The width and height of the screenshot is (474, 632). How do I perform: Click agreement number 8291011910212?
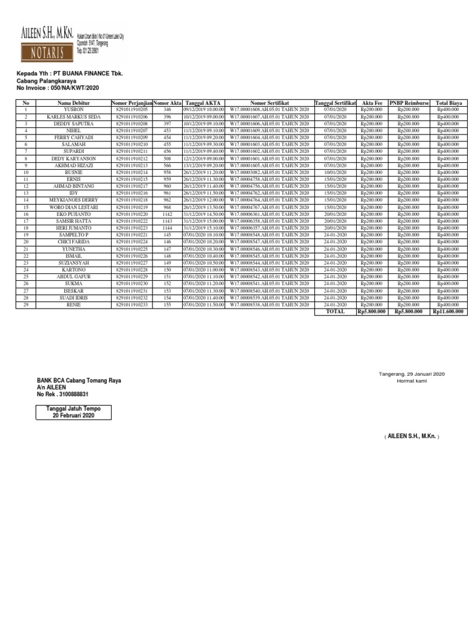(131, 159)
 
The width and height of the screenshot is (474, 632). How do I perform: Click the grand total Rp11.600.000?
(448, 312)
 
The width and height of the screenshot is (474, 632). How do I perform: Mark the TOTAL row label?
(335, 312)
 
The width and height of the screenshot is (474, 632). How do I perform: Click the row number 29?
(26, 305)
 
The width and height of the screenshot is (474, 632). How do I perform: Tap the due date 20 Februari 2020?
(73, 417)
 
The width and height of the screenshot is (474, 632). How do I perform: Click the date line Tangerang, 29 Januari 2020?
(411, 374)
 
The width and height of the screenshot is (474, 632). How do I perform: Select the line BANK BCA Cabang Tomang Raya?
(79, 381)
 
